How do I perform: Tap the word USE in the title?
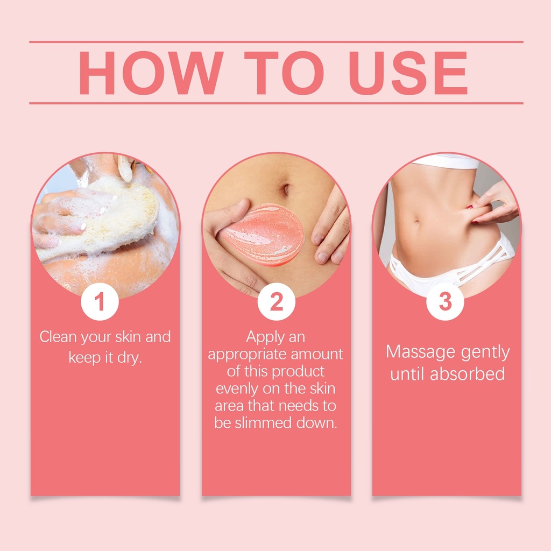(408, 73)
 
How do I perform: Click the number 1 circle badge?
(100, 301)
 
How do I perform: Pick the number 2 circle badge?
(276, 301)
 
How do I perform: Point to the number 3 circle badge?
(445, 301)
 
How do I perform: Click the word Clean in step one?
(58, 337)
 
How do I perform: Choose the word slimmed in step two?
(264, 423)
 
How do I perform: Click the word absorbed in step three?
(468, 373)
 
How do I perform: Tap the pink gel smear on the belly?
(263, 235)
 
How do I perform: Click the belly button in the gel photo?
(286, 189)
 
